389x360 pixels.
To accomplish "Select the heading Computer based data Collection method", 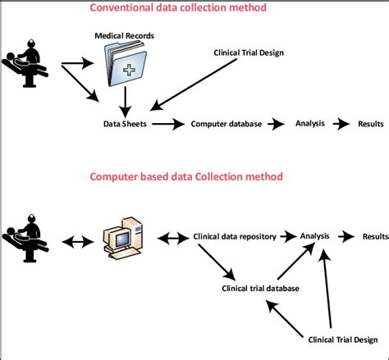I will coord(186,176).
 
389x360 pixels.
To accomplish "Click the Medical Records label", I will coord(125,36).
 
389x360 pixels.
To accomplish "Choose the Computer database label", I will coord(227,125).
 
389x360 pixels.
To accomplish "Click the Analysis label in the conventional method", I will coord(309,124).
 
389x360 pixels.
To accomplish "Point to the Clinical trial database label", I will coord(260,288).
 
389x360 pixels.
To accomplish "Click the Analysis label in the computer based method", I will coord(314,236).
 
